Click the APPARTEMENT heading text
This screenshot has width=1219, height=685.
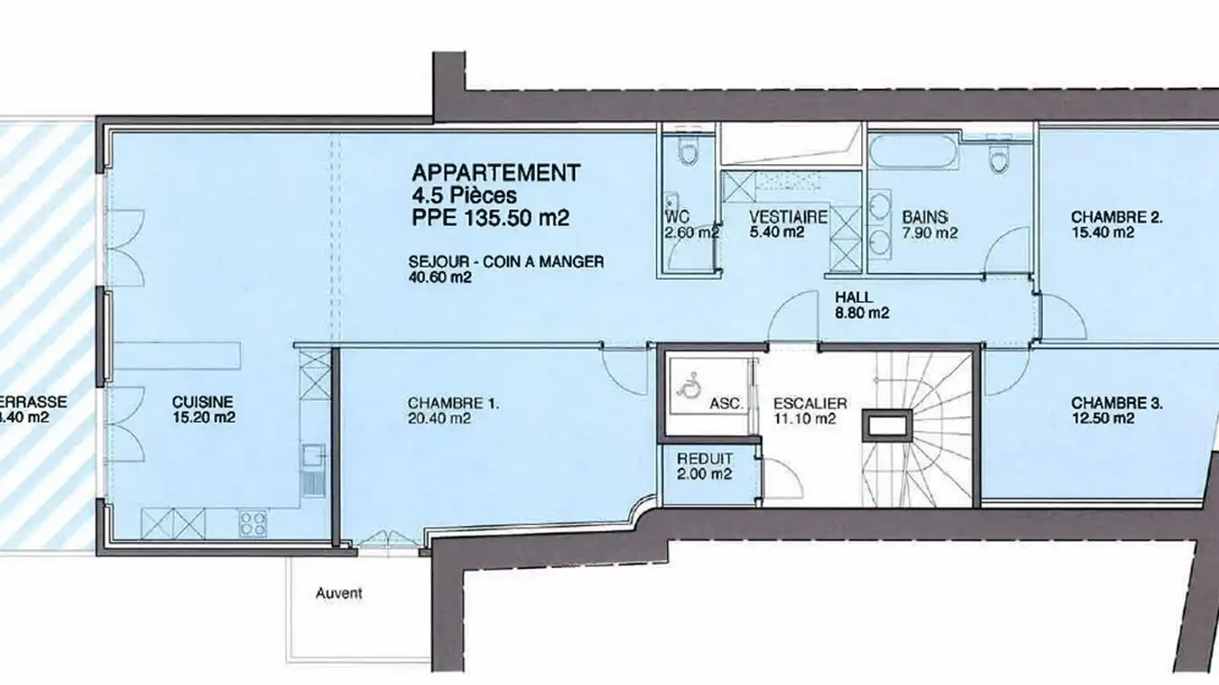point(495,173)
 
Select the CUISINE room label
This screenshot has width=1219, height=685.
point(202,403)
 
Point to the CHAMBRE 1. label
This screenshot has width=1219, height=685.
point(453,403)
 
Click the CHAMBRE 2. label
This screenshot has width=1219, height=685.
point(1117,217)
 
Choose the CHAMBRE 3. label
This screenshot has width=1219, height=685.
point(1117,403)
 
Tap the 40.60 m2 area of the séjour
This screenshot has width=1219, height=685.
point(439,277)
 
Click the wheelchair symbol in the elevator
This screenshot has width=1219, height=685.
point(688,386)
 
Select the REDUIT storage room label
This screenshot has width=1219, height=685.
point(704,458)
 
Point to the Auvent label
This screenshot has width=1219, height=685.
point(339,594)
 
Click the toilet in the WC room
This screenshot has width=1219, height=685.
point(688,152)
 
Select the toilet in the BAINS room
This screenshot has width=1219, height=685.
point(1001,156)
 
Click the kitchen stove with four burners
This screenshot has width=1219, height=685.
point(253,523)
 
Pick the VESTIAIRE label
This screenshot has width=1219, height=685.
point(787,217)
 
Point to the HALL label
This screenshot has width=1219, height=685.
point(853,298)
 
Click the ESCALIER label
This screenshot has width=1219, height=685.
point(810,404)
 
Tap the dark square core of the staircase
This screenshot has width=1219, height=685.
point(887,425)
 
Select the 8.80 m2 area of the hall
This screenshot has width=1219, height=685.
point(862,313)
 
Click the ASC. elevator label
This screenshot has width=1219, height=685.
point(726,404)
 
